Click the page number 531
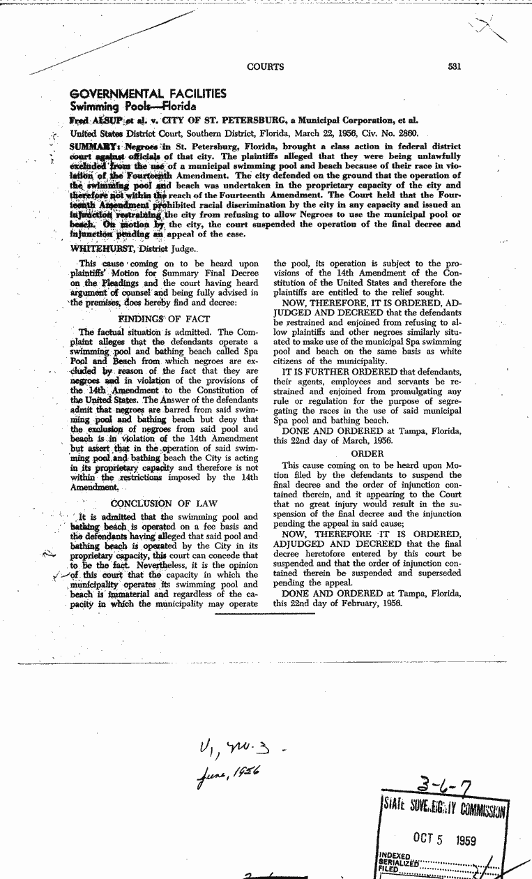(454, 67)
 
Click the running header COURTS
(266, 67)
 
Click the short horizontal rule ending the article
(265, 615)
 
